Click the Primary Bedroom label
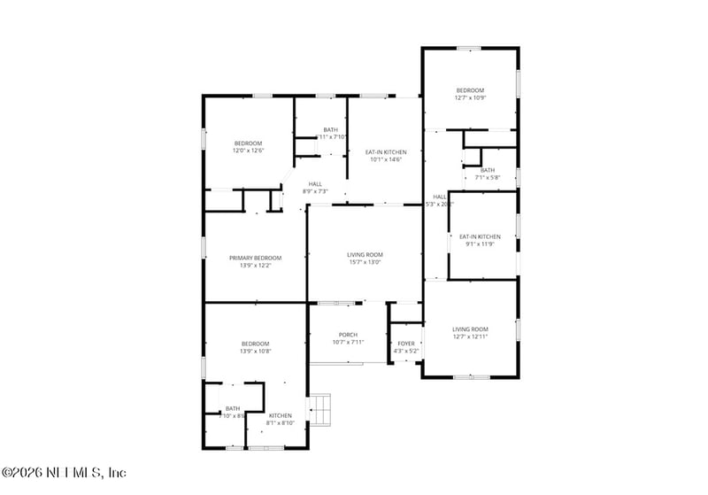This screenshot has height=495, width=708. point(255,258)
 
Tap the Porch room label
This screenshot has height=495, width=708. point(347,335)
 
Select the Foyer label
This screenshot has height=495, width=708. point(405,344)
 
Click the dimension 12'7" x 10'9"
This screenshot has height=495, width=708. point(470,97)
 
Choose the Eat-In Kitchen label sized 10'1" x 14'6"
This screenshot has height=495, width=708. point(384,152)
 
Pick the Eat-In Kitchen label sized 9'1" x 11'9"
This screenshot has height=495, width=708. point(480,236)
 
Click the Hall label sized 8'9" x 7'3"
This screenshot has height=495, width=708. point(315,184)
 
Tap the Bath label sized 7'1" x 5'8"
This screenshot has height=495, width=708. point(488,170)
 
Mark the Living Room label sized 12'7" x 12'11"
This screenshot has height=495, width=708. point(470,329)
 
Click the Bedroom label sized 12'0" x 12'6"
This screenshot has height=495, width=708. point(248,143)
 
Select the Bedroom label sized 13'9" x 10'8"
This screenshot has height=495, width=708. point(255,344)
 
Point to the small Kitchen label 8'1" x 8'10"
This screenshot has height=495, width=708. point(281,415)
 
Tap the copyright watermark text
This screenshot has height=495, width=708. point(64,472)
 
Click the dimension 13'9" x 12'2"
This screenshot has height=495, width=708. point(255,265)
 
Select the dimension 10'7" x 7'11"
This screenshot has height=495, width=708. point(347,342)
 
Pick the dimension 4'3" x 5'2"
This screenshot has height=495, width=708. point(405,351)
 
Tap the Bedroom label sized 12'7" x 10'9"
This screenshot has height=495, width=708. point(470,90)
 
